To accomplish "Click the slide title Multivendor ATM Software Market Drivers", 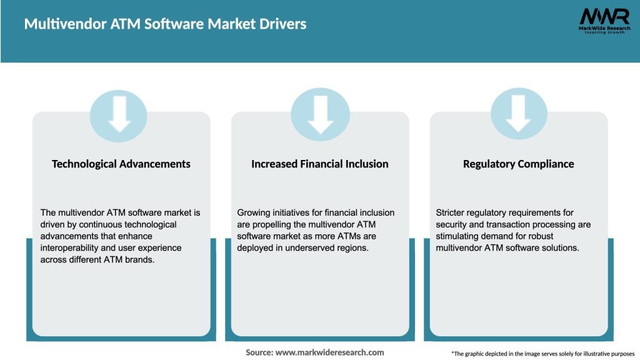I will (x=165, y=24).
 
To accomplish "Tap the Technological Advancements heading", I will (x=121, y=164).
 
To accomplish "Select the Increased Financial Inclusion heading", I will (x=319, y=164).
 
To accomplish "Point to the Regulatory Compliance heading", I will (x=518, y=164).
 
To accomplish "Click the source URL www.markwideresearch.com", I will (x=329, y=352).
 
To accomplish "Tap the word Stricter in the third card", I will (x=451, y=213).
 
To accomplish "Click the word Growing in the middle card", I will (x=254, y=213).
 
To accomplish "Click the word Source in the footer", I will (x=259, y=352).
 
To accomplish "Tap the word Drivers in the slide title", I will (x=280, y=24).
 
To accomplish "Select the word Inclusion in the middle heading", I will (x=366, y=164).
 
